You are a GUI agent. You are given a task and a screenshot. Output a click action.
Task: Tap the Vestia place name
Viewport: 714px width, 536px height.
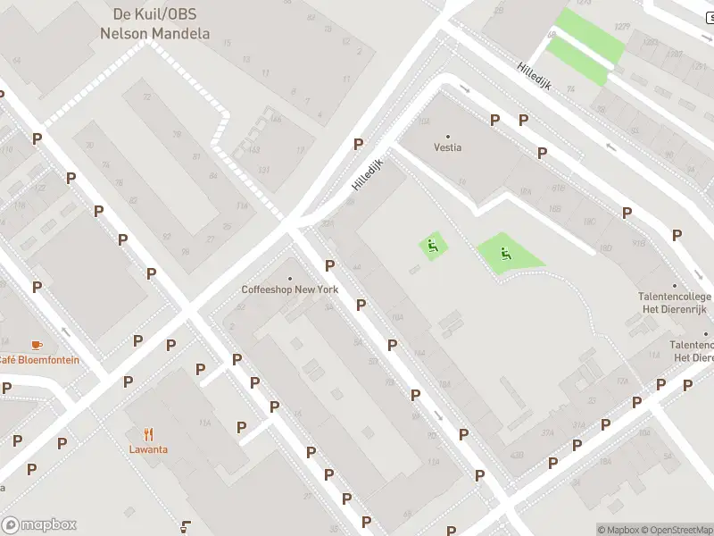pyautogui.click(x=448, y=147)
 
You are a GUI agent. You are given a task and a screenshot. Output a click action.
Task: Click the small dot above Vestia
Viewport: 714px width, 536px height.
pyautogui.click(x=448, y=136)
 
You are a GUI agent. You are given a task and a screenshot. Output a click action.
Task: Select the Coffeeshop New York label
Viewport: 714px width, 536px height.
pyautogui.click(x=290, y=289)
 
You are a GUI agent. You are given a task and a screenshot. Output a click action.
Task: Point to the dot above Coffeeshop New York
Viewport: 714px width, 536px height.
pyautogui.click(x=290, y=278)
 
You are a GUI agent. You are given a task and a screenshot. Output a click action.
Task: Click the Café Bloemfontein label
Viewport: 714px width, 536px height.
pyautogui.click(x=37, y=360)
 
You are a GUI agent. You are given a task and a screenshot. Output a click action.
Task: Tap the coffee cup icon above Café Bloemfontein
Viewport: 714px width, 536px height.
pyautogui.click(x=37, y=345)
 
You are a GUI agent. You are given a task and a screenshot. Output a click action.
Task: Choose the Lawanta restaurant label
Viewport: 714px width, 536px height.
pyautogui.click(x=147, y=449)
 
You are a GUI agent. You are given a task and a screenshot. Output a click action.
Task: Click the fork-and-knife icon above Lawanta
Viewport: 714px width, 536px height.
pyautogui.click(x=147, y=433)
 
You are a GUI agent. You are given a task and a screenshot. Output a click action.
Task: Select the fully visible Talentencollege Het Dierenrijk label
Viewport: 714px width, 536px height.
pyautogui.click(x=674, y=303)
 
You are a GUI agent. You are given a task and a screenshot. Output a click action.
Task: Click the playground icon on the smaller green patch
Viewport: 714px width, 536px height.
pyautogui.click(x=433, y=246)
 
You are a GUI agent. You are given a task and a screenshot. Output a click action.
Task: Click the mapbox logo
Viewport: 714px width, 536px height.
pyautogui.click(x=39, y=525)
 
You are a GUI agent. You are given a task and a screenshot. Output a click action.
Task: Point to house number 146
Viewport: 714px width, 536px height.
pyautogui.click(x=276, y=119)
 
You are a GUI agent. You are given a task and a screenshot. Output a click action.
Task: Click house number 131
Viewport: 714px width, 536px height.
pyautogui.click(x=263, y=170)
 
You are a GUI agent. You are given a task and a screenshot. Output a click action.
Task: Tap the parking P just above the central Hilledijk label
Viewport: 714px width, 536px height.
pyautogui.click(x=358, y=144)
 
